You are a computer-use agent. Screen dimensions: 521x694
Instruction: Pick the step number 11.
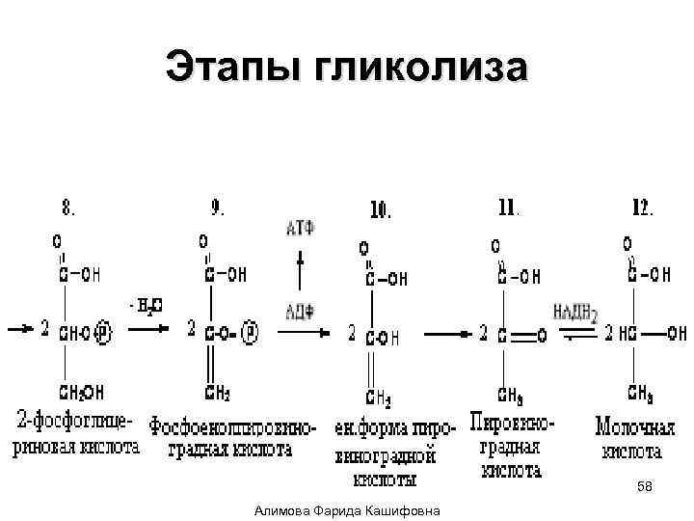509,206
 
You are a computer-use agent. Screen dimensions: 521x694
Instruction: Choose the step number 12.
641,206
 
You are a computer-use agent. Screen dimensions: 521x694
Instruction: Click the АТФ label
301,228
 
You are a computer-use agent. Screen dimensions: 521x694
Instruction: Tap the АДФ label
300,310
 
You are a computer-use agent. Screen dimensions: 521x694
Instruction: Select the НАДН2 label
576,311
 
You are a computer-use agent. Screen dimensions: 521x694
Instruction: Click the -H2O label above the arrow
146,307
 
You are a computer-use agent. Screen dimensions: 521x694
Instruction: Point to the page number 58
645,489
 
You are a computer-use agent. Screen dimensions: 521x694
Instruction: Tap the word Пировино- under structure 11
513,422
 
